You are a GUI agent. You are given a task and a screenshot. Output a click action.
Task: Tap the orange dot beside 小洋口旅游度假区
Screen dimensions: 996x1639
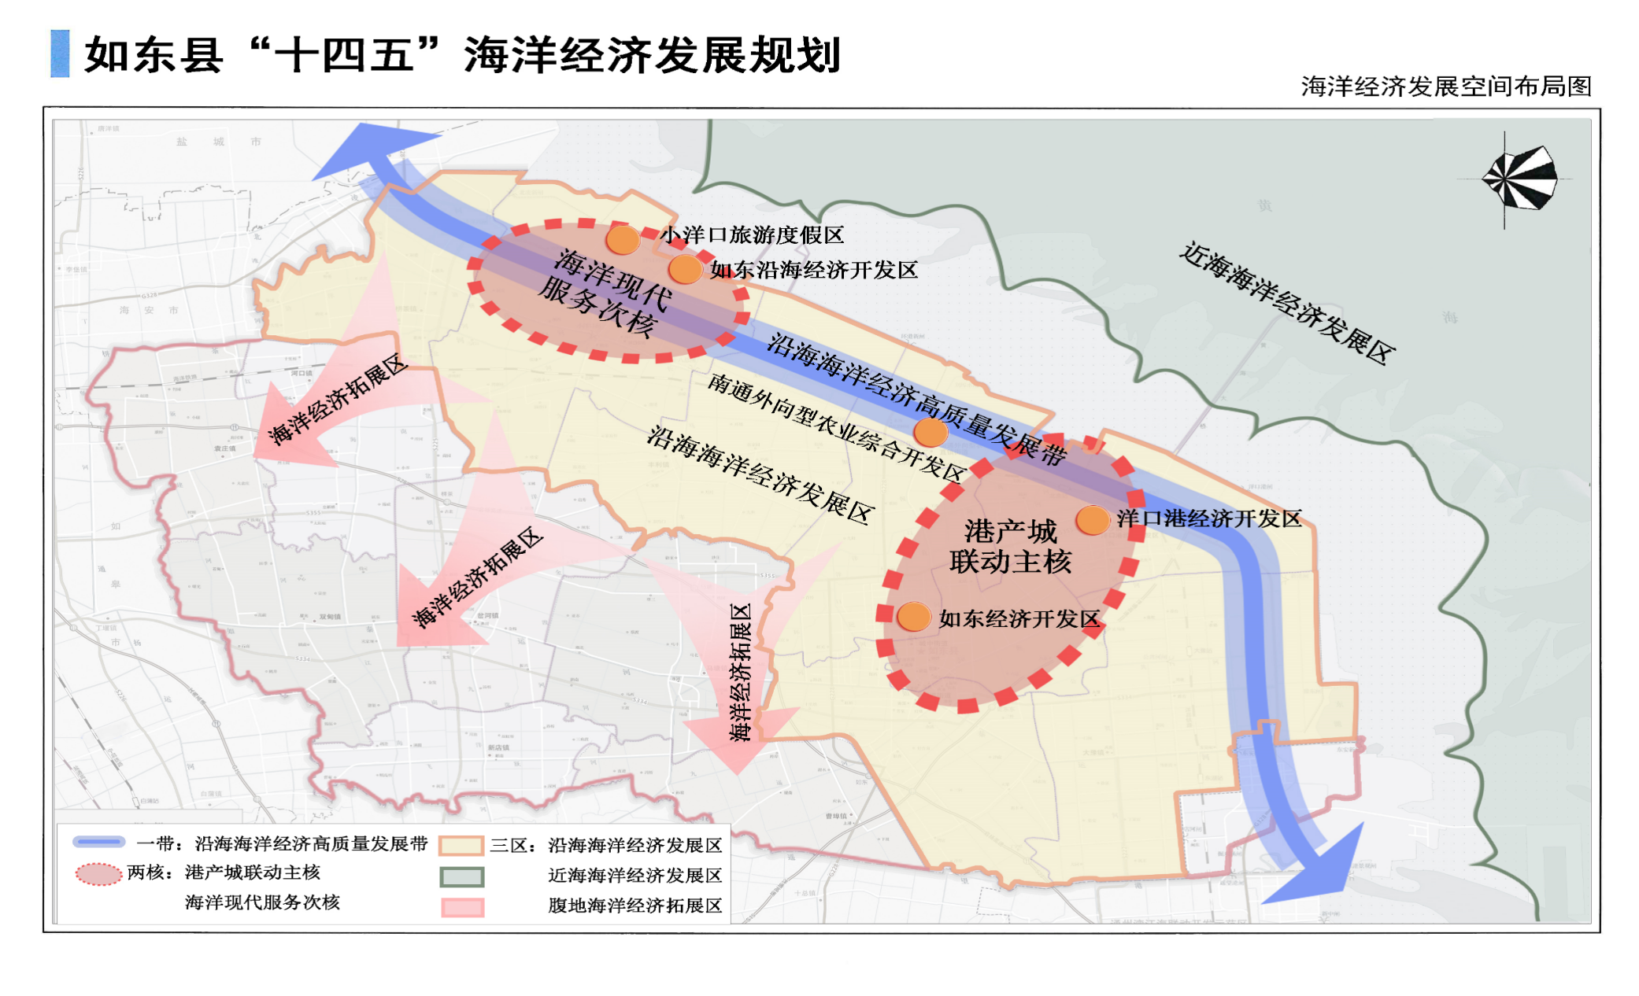pos(623,238)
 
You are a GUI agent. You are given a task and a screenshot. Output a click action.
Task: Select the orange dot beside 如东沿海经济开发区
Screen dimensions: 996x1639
pos(685,269)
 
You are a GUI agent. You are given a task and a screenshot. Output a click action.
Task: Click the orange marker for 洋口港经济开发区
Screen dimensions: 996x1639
pos(1093,519)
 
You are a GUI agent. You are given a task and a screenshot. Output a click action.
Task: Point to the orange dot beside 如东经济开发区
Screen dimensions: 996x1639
pos(914,617)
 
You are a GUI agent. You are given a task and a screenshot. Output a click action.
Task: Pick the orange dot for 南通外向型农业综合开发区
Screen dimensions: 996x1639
pos(930,432)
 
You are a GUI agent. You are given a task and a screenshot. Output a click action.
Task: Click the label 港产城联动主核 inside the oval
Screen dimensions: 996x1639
pos(1010,547)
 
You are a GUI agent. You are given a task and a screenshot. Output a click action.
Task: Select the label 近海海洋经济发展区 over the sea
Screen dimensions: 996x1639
pos(1287,303)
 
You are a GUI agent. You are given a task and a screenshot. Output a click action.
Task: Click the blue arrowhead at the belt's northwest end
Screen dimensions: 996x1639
pos(370,149)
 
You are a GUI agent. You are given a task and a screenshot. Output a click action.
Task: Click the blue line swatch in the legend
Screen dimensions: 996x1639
pos(99,842)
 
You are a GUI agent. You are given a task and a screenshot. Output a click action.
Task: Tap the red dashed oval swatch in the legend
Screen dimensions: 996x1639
pos(99,874)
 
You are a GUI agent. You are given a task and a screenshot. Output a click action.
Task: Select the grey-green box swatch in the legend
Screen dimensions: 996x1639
pos(462,876)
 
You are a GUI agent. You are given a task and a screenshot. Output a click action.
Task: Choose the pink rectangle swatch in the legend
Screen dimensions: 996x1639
pos(462,907)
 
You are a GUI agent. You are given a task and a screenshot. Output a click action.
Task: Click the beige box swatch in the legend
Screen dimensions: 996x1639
pos(461,846)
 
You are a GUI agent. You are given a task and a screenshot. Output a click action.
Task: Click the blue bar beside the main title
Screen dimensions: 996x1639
pos(60,53)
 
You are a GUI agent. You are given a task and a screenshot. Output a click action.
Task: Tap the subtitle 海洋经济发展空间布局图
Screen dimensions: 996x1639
pos(1446,87)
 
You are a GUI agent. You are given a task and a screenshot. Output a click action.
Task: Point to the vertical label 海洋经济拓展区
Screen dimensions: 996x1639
pos(740,673)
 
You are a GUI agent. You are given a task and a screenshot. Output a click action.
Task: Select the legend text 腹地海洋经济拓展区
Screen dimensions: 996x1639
pos(635,906)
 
